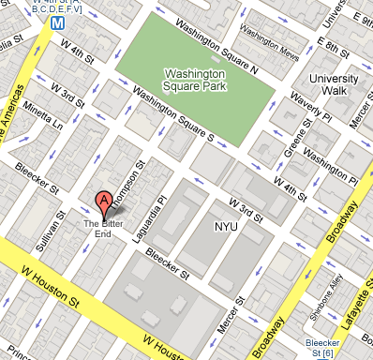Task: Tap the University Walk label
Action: [335, 85]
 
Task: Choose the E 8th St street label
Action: [334, 44]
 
